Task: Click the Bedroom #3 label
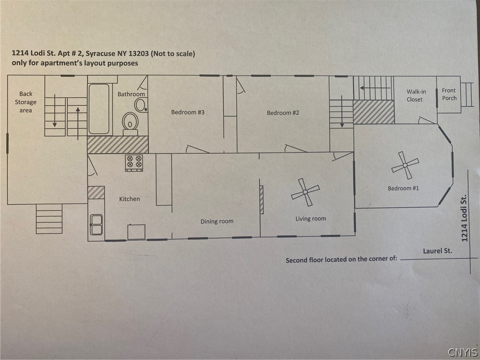pos(187,112)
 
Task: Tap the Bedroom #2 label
pos(283,113)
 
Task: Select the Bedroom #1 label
pos(403,188)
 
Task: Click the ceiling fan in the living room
pos(305,192)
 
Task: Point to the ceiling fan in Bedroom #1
pos(405,165)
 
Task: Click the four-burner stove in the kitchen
pos(134,163)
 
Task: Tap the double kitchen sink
pos(96,225)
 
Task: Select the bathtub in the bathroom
pos(99,109)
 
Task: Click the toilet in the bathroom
pos(130,124)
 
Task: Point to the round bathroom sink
pos(141,105)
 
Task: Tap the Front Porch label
pos(449,94)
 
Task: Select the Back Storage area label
pos(26,102)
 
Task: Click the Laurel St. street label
pos(437,251)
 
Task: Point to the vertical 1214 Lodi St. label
pos(465,218)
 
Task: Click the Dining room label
pos(217,221)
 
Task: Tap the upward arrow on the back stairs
pos(78,123)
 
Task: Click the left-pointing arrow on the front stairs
pos(375,88)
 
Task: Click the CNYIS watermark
pos(463,352)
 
